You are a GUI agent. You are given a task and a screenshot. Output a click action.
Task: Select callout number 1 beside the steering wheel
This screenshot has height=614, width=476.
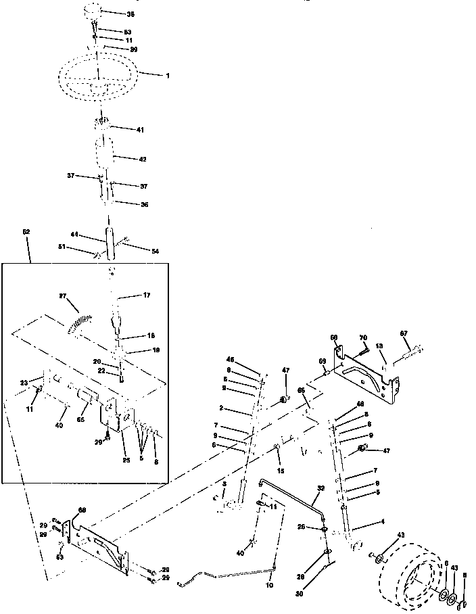[x=168, y=74]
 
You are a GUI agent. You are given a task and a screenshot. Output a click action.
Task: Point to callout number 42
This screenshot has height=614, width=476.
[x=142, y=160]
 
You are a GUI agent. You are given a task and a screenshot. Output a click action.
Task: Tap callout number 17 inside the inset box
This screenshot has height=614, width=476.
[x=146, y=295]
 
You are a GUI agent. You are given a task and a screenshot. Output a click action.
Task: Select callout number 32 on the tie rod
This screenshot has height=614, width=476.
[x=320, y=488]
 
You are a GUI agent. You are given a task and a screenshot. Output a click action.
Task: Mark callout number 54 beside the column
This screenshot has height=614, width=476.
[x=155, y=251]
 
